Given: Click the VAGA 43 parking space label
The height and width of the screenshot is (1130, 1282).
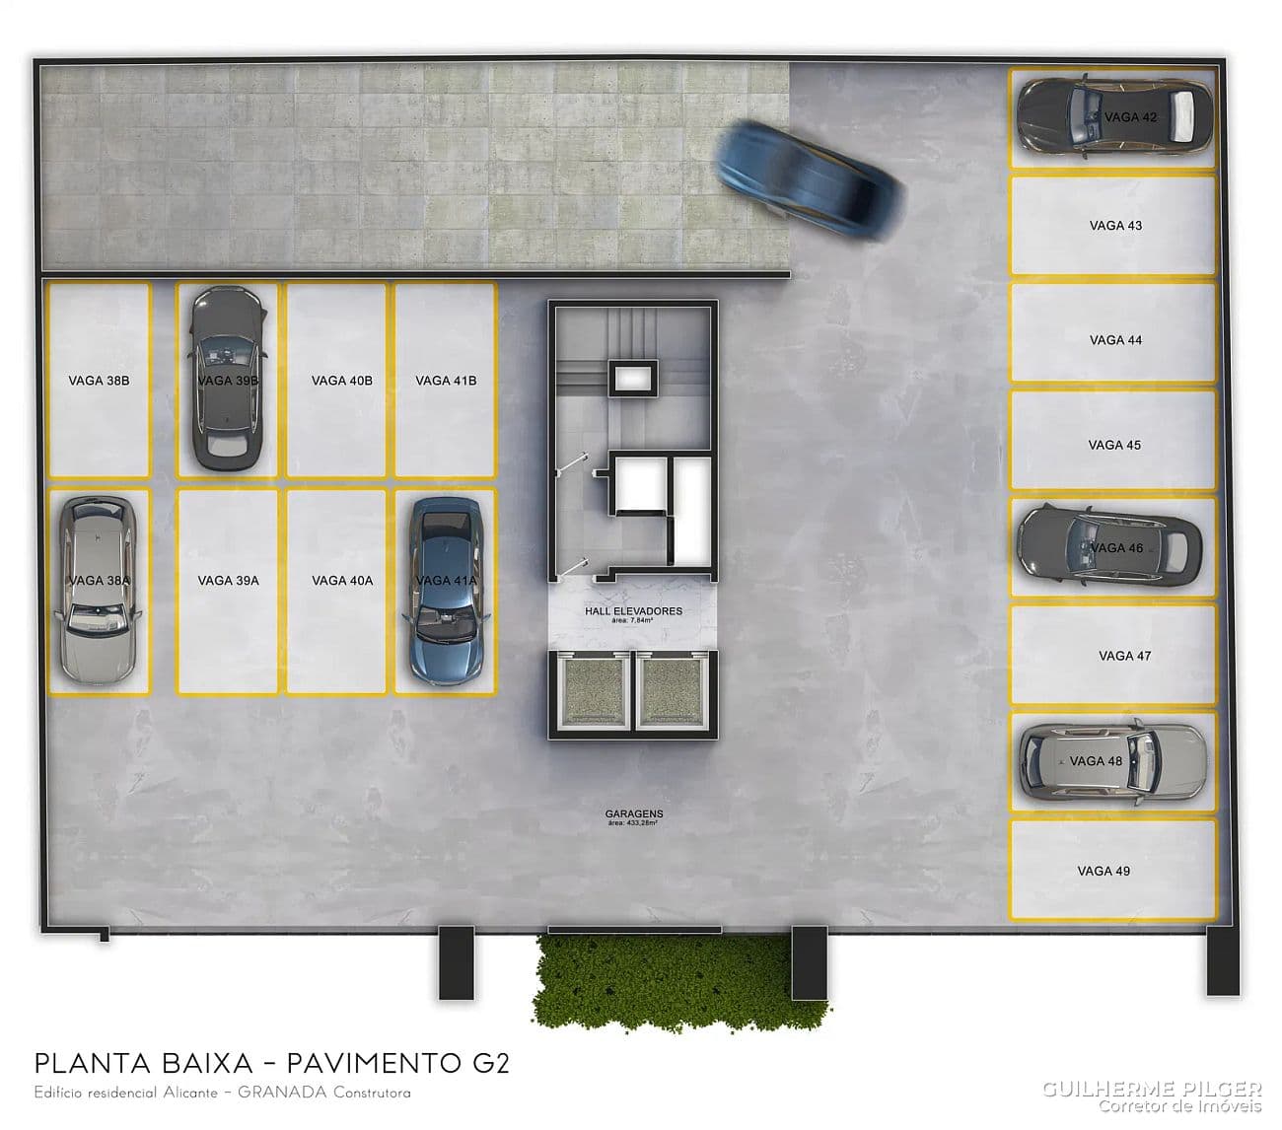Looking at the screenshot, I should tap(1115, 226).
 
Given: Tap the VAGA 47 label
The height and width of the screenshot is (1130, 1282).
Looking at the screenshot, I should tap(1124, 656).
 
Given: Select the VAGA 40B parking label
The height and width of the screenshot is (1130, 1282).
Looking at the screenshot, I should tap(341, 381).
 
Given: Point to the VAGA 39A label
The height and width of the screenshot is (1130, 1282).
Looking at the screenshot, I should tap(228, 581).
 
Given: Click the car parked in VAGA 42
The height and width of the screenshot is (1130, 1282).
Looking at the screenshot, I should tap(1113, 117).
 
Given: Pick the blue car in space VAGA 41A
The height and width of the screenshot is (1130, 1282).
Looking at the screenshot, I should tap(446, 592).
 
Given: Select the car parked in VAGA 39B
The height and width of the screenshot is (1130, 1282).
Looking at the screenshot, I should tap(227, 378).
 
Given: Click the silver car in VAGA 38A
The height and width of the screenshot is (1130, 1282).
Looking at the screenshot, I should tap(99, 590).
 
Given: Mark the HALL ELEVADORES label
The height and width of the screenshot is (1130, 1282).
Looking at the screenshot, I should tap(633, 611).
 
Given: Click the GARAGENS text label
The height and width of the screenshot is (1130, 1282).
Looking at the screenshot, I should tap(634, 814).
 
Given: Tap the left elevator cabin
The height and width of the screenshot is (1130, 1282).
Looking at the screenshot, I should tap(595, 691).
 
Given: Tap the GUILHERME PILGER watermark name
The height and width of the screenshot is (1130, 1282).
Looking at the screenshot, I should tap(1152, 1089).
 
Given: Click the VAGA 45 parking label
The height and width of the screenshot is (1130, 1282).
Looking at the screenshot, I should tap(1114, 446).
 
